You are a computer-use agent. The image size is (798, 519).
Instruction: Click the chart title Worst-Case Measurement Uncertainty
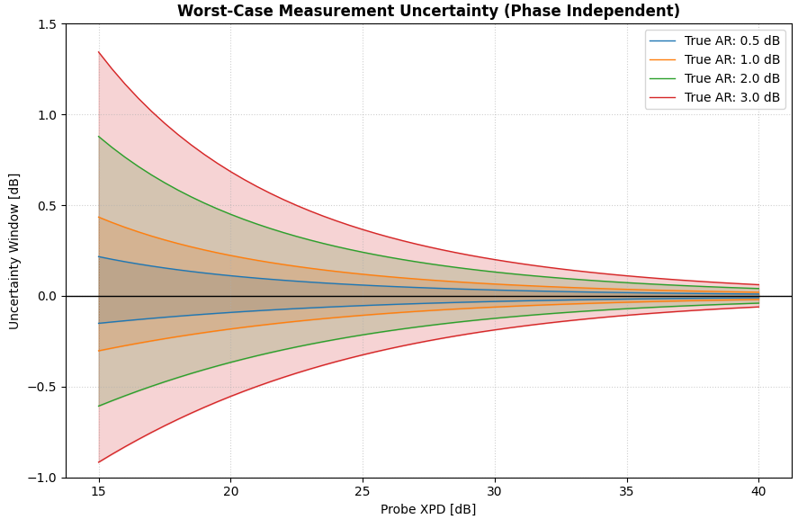428,12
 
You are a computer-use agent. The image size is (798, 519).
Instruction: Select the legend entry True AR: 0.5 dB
731,41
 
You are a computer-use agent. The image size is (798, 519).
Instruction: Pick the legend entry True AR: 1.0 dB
731,60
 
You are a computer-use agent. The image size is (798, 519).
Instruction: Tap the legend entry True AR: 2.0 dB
731,79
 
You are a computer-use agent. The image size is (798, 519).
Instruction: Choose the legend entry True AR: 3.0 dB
731,98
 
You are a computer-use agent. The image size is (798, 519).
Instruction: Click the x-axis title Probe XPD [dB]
428,509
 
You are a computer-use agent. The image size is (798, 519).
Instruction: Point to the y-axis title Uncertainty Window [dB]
14,251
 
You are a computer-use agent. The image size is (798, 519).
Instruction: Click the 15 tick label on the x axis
98,491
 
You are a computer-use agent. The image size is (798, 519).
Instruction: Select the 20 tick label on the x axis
230,491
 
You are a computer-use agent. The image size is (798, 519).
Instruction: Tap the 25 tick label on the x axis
363,491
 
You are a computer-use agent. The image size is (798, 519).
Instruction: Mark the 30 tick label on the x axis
495,491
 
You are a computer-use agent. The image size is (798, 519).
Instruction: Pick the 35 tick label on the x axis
627,491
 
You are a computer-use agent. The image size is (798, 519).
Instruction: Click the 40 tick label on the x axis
758,491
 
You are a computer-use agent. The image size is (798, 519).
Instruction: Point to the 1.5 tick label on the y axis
47,24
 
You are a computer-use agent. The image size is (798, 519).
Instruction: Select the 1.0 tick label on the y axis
47,115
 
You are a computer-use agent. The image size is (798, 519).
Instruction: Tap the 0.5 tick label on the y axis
47,206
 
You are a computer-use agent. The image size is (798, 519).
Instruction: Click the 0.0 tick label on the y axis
47,297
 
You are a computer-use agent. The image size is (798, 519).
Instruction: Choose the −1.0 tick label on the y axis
42,478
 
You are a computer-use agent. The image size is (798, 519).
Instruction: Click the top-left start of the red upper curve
99,52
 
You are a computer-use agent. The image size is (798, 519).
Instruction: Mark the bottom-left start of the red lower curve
99,462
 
